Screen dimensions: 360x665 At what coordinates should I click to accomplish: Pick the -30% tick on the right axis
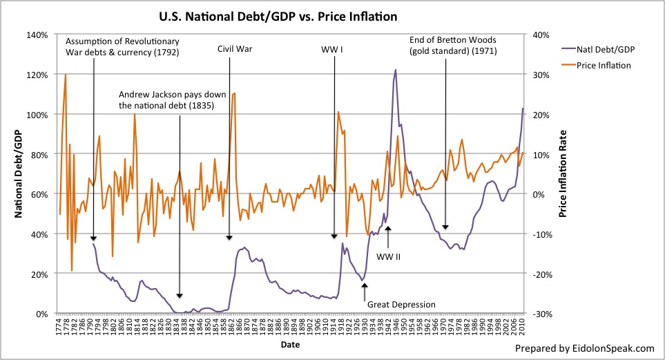[x=541, y=314]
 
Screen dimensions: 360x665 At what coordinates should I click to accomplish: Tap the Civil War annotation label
[x=229, y=50]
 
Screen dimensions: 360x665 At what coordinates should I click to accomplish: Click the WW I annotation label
[x=334, y=50]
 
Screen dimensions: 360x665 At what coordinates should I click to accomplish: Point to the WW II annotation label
[x=388, y=256]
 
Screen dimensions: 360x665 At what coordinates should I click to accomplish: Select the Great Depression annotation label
[x=401, y=304]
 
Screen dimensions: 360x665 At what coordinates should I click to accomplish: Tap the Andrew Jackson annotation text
[x=166, y=100]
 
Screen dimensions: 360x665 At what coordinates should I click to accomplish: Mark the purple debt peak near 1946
[x=396, y=70]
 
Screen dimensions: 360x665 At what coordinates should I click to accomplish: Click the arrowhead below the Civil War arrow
[x=229, y=238]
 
